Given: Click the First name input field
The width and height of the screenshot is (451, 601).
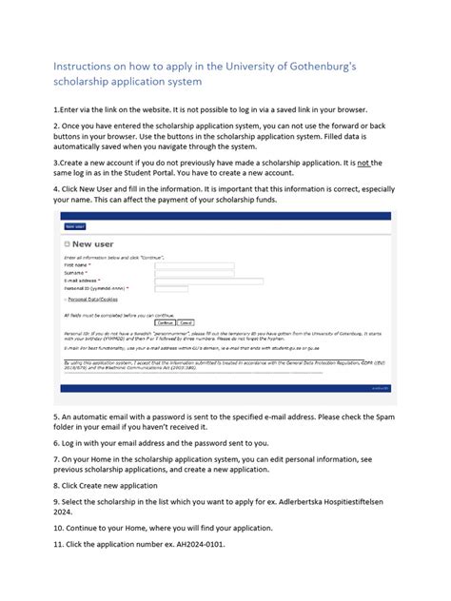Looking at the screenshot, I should pos(194,265).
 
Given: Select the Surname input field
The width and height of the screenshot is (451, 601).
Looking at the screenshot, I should pos(194,273).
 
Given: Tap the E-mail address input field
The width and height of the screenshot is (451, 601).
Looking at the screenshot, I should pos(208,281).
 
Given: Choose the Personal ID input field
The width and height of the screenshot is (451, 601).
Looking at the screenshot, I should pos(194,288).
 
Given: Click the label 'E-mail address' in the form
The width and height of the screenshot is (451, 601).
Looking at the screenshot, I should pos(83,281).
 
